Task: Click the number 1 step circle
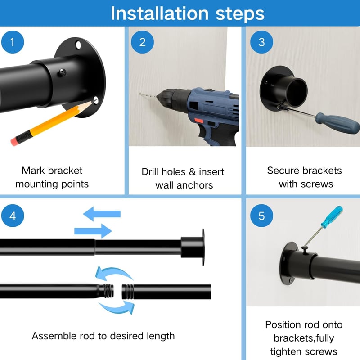(x=13, y=42)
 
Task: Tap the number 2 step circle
(x=142, y=42)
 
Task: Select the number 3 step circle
(x=261, y=42)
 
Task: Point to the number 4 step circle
(x=13, y=216)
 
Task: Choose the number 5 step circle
(x=261, y=216)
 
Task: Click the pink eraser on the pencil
(x=14, y=141)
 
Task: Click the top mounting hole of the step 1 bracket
(x=78, y=45)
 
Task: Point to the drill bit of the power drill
(x=148, y=95)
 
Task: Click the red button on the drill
(x=199, y=121)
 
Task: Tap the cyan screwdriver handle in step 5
(x=332, y=216)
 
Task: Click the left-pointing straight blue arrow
(x=102, y=214)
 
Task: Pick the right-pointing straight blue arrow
(x=93, y=231)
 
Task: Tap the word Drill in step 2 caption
(x=152, y=172)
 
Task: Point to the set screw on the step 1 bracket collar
(x=63, y=72)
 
